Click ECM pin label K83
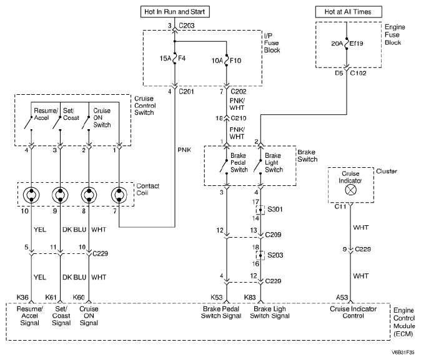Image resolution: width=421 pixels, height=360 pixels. (x=250, y=297)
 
